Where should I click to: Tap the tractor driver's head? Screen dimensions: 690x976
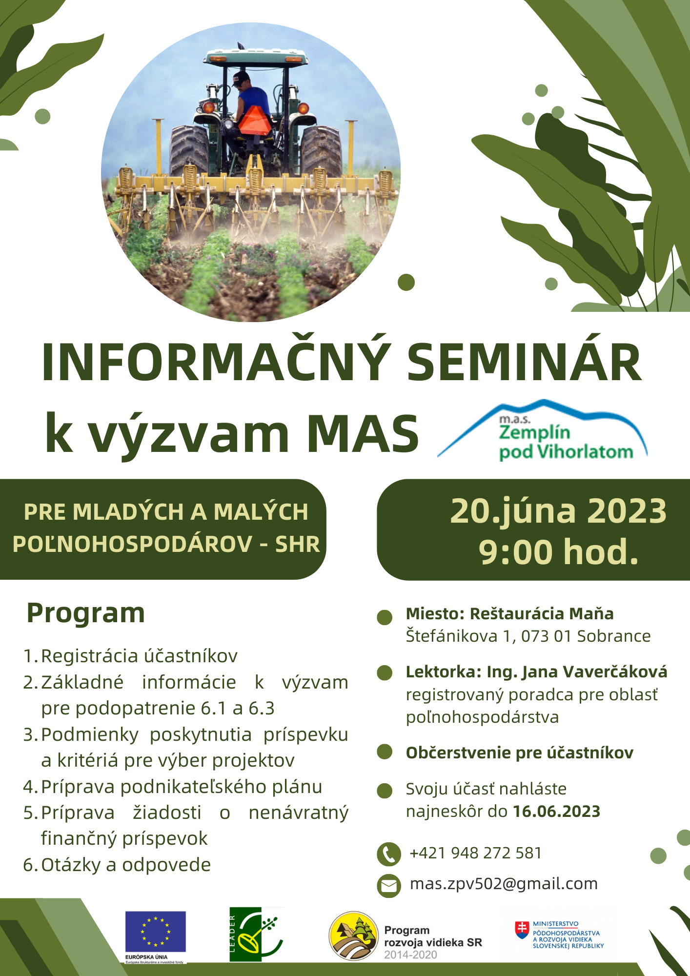click(242, 80)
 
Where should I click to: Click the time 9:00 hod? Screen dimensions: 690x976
click(559, 552)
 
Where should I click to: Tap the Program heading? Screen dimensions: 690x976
click(86, 613)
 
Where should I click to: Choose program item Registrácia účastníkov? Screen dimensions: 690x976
click(139, 656)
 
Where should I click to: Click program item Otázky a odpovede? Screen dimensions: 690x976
click(126, 865)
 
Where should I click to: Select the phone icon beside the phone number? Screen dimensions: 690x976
click(389, 854)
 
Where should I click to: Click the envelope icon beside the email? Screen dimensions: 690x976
click(389, 885)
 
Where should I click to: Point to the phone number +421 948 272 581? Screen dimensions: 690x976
click(476, 853)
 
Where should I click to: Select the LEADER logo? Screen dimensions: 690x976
click(256, 935)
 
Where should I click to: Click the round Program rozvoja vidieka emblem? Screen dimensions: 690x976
click(354, 936)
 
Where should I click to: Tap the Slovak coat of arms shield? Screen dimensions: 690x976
click(522, 930)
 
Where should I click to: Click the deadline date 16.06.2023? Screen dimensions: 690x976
click(556, 812)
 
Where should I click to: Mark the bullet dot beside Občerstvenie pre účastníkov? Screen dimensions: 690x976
click(385, 752)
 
